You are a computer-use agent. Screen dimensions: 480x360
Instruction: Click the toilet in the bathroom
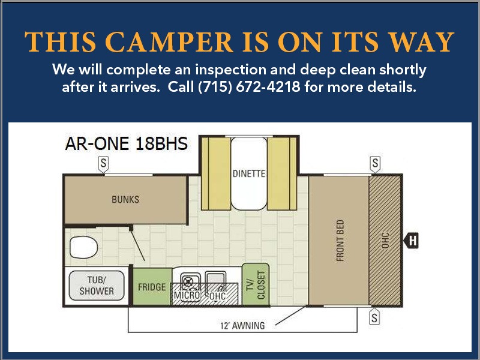tap(83, 247)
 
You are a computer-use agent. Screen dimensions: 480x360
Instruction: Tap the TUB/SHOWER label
tap(97, 286)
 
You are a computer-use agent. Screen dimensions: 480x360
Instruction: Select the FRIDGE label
tap(152, 287)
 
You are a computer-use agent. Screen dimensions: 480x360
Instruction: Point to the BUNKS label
tap(125, 200)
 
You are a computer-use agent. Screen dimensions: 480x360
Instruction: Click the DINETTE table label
tap(249, 173)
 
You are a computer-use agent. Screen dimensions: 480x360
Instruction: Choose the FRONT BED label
tap(340, 241)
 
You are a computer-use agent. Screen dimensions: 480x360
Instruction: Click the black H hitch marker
tap(411, 240)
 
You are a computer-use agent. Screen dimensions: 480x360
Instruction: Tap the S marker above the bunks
tap(103, 164)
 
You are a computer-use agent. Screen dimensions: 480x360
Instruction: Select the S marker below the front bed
tap(374, 317)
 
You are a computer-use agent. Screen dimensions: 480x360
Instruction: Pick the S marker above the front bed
tap(376, 164)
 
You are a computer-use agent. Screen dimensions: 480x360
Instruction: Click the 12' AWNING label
tap(242, 326)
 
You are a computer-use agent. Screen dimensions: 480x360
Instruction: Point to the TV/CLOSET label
tap(256, 284)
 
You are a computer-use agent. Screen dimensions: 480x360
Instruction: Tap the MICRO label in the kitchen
tap(187, 295)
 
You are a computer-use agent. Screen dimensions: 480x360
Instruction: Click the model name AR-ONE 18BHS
tap(126, 143)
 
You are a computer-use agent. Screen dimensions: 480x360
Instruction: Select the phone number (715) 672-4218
tap(249, 87)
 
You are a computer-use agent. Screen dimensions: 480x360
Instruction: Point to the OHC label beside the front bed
tap(385, 241)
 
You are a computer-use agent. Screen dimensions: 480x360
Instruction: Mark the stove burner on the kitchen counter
tap(188, 281)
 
